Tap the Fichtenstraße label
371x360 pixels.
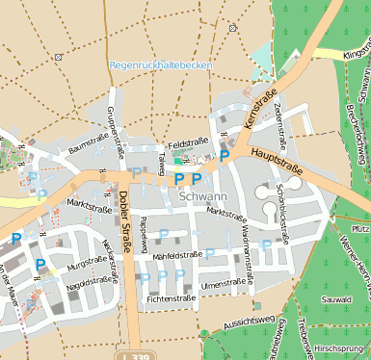tap(172, 299)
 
